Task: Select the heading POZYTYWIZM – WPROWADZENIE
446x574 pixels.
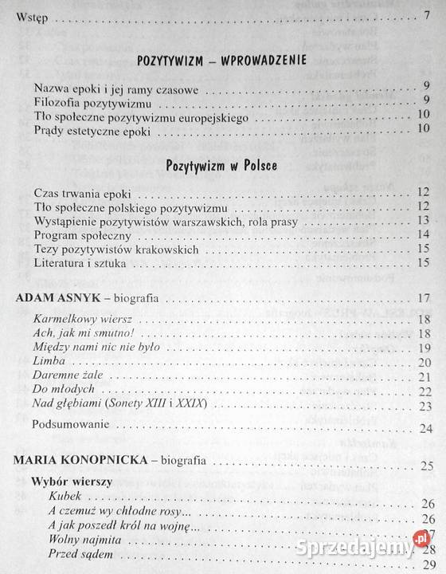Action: pyautogui.click(x=222, y=60)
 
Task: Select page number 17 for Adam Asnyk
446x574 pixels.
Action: pyautogui.click(x=424, y=300)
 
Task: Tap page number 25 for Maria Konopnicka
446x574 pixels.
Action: pyautogui.click(x=424, y=465)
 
